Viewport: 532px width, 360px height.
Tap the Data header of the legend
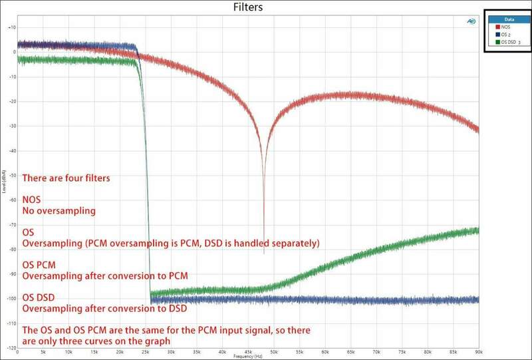(x=507, y=21)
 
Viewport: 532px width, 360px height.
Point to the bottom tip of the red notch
(x=264, y=254)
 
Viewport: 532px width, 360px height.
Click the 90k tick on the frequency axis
(x=478, y=351)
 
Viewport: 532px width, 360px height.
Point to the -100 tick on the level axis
(x=11, y=298)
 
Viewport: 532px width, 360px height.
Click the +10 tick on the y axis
(x=11, y=27)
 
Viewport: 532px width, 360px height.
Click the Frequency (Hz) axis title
(x=247, y=357)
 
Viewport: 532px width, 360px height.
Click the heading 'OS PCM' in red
(x=39, y=264)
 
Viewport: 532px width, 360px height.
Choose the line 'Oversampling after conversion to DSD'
(x=103, y=308)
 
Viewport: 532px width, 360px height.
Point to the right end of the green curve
(x=477, y=230)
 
